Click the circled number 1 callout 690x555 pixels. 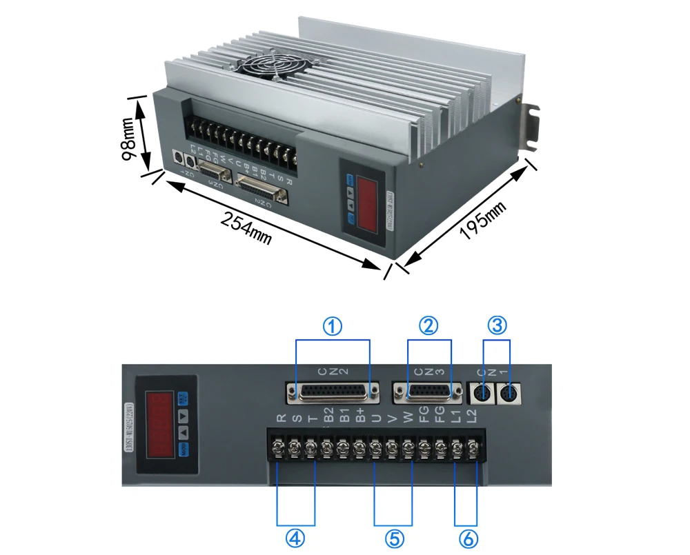click(x=333, y=326)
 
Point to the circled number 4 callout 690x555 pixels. click(x=295, y=538)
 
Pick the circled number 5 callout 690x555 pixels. click(x=393, y=538)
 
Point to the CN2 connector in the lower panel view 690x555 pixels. click(x=333, y=393)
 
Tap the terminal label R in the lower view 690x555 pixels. click(x=280, y=418)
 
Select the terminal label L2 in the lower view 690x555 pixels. click(x=473, y=416)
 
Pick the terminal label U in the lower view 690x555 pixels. click(x=376, y=418)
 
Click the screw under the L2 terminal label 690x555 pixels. click(x=473, y=450)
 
